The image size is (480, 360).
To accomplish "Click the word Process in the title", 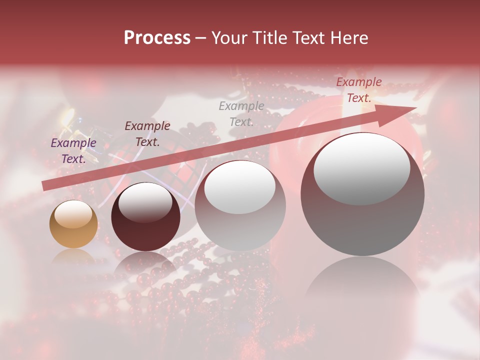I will coord(157,38).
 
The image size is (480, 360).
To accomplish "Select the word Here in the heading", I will coord(348,38).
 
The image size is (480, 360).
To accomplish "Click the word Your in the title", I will coord(230,38).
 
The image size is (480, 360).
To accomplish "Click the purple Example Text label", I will coord(73,151).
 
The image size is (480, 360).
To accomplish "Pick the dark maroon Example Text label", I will coord(147,133).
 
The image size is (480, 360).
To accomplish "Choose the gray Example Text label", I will coord(241,113).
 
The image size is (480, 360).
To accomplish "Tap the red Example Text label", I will coord(358,90).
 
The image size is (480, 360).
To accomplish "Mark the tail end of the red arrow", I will coord(45,186).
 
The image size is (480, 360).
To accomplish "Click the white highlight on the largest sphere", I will coord(362,169).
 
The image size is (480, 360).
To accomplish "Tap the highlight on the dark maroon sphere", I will coord(145,203).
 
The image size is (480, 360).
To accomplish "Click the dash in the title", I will coord(201,38).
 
